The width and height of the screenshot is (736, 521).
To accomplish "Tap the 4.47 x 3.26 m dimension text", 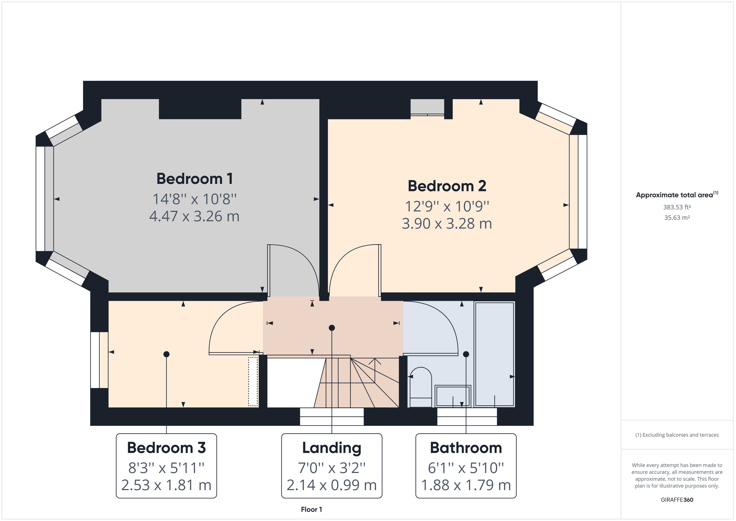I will [194, 216].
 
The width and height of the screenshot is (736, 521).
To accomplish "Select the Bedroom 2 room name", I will [447, 186].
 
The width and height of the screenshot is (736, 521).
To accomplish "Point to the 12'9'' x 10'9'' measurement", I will [447, 206].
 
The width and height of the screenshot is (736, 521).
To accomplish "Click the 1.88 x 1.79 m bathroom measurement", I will [466, 485].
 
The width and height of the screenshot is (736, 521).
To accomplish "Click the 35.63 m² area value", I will [677, 218].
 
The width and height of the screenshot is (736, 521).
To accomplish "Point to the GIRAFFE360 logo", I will [677, 500].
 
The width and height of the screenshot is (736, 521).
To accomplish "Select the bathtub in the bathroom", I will [494, 354].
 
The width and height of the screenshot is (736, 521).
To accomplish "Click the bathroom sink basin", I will [453, 396].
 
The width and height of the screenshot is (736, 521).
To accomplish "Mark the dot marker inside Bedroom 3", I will [166, 354].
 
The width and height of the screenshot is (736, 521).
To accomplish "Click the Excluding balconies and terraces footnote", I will [677, 435].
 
